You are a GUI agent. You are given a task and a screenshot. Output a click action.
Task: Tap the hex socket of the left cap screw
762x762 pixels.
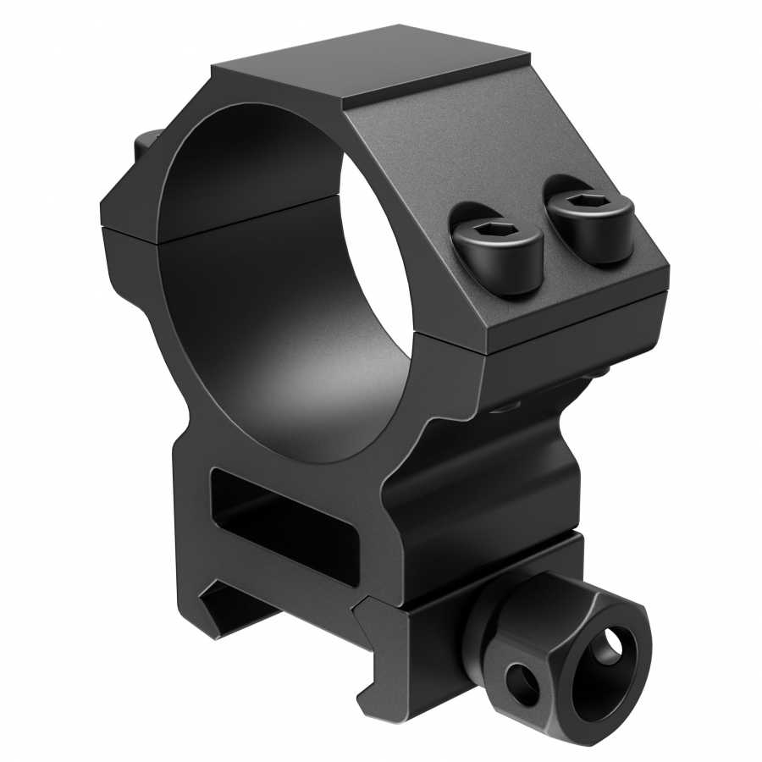pyautogui.click(x=492, y=232)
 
